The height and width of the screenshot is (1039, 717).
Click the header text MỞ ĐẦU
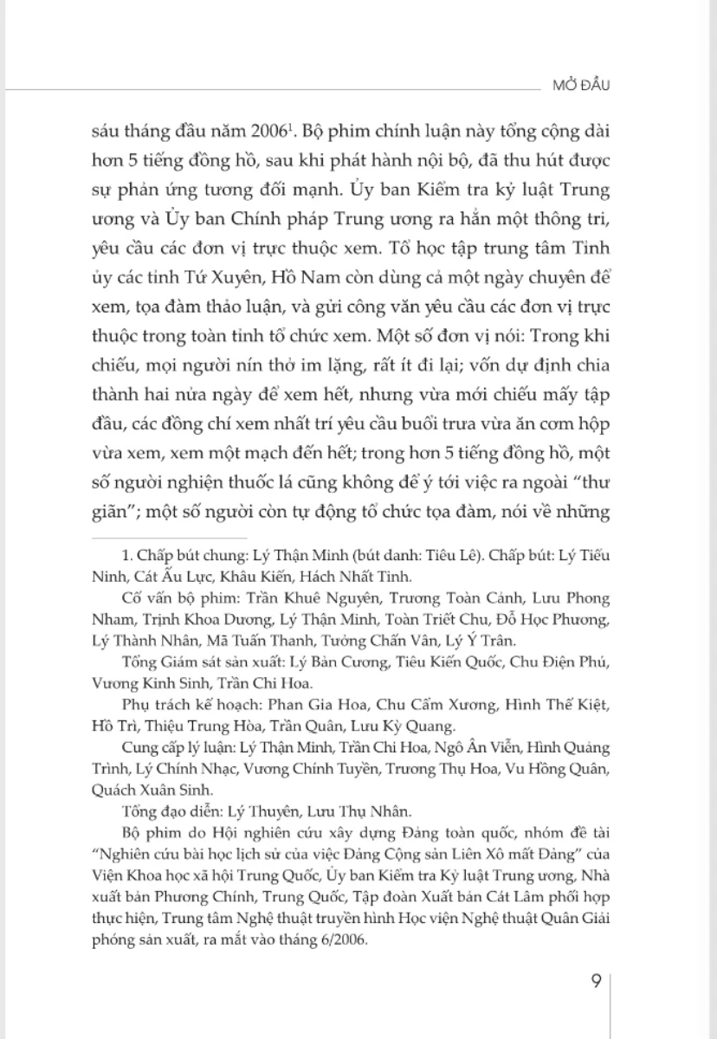(x=588, y=86)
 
